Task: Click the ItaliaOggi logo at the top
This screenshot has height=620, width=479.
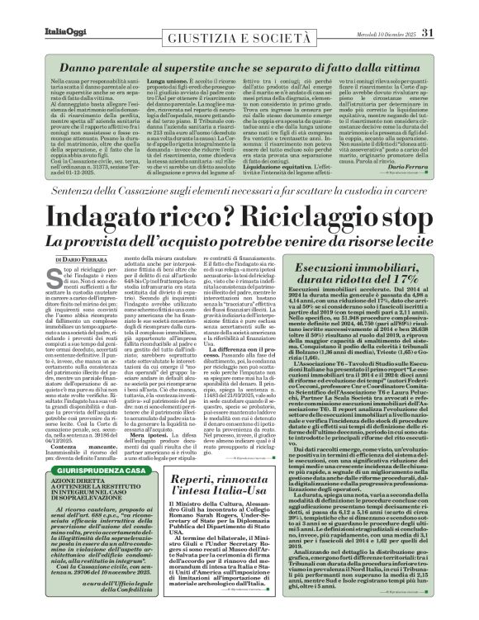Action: [x=36, y=11]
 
